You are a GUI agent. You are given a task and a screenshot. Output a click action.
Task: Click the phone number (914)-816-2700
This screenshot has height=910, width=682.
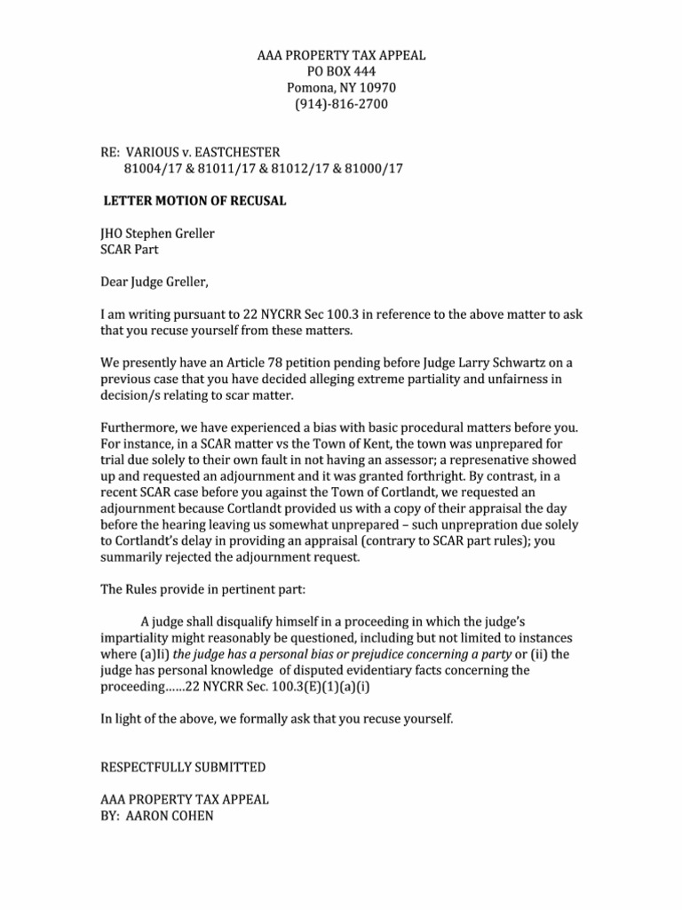(x=341, y=105)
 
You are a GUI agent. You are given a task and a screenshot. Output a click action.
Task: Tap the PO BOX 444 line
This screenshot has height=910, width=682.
(x=341, y=72)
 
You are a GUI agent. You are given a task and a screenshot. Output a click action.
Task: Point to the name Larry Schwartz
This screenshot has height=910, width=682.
(x=498, y=363)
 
